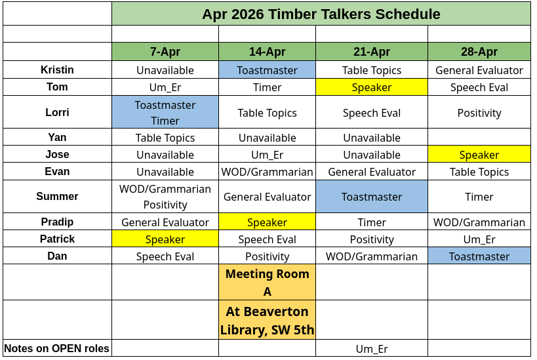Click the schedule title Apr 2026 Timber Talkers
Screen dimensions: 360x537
(x=321, y=14)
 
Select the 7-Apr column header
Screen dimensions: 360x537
(x=165, y=52)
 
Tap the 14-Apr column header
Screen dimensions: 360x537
(x=267, y=52)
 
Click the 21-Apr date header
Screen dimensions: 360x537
(x=372, y=52)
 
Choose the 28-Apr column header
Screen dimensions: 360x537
(x=479, y=52)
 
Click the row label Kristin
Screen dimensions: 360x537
(x=57, y=70)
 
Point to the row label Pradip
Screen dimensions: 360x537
(x=57, y=222)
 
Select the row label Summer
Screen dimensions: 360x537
(x=57, y=196)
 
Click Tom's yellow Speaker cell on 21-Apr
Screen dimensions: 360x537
(x=372, y=87)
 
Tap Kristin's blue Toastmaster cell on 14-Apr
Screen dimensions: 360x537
(x=267, y=70)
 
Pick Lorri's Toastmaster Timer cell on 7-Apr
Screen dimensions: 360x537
(x=165, y=112)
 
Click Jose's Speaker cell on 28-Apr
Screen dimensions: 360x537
(x=479, y=155)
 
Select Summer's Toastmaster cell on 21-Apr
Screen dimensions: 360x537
(x=372, y=196)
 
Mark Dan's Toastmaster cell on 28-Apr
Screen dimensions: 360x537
(x=479, y=256)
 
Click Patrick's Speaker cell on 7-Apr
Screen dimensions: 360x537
(x=165, y=239)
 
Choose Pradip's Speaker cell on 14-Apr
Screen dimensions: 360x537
(x=267, y=222)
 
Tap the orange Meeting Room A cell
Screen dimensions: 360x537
(x=267, y=282)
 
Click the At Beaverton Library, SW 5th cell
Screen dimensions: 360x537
(x=267, y=320)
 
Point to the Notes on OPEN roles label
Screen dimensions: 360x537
(x=57, y=348)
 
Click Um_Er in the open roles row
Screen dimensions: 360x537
(x=372, y=349)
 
